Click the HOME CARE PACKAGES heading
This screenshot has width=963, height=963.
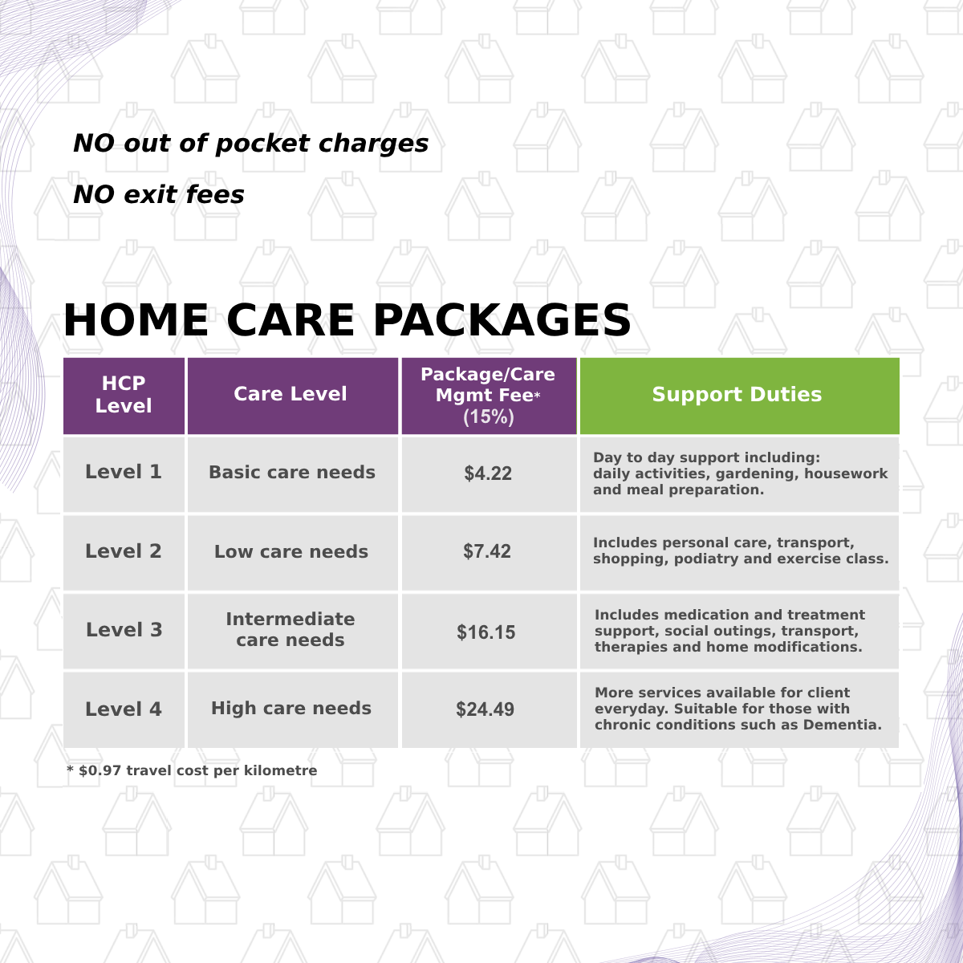347,320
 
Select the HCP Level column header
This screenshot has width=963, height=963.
124,395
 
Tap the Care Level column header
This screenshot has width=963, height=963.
291,394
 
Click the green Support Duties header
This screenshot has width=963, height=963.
737,395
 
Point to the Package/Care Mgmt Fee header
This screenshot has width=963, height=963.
488,395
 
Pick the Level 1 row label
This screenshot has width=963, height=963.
124,473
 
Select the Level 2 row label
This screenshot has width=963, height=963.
124,551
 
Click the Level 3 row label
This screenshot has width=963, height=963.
124,630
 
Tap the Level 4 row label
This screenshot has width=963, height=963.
124,709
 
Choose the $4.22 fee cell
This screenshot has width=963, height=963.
488,473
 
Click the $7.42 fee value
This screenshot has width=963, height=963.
487,552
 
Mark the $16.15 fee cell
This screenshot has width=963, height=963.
486,632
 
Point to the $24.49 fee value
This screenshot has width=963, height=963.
486,709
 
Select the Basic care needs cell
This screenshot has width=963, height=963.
292,473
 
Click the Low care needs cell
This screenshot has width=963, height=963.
291,552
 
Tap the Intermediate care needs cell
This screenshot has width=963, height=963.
291,630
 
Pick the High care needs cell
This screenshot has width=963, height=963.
291,709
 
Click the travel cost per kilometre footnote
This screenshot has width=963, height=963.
193,770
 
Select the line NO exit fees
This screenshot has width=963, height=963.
159,194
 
